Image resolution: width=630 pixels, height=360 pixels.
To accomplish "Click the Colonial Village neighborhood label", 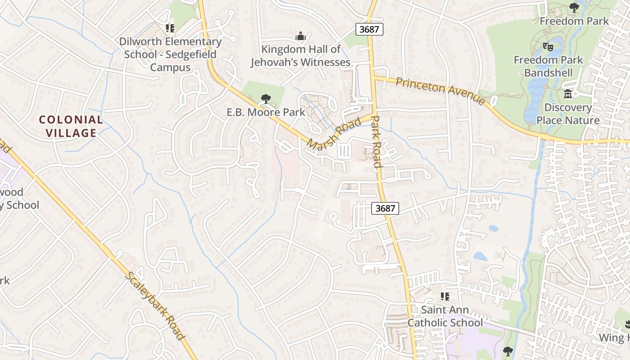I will coord(71,126).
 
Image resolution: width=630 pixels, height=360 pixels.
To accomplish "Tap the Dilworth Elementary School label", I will coord(170,54).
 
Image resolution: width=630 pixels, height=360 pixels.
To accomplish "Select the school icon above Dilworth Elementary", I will coord(170,28).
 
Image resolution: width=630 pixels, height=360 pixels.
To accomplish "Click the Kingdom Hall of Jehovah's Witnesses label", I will coord(300,55).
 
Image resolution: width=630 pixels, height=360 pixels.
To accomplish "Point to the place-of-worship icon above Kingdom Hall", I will coord(300,36).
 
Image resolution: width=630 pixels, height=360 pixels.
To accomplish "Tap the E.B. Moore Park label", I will coord(265,112).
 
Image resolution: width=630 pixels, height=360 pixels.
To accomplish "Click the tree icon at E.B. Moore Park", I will coord(265,99).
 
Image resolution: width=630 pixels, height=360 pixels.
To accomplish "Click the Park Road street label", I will coord(377,142).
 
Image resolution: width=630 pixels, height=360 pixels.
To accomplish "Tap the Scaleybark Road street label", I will coord(155,306).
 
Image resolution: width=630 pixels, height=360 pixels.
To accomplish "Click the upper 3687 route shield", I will coord(370,29).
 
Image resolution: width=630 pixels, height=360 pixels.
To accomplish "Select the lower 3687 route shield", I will coord(385,208).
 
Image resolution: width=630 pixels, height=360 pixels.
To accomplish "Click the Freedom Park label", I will coord(574,21).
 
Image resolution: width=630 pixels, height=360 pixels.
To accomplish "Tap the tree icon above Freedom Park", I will coord(574,8).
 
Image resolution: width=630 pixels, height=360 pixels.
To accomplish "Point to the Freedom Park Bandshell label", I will coord(548,66).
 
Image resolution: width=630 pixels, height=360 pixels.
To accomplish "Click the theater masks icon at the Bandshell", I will coord(548,46).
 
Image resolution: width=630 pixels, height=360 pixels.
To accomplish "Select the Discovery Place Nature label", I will coord(568,114).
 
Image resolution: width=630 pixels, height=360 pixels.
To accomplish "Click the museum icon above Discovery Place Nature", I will coord(568,94).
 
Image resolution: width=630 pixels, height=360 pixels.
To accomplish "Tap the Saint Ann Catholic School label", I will coord(445,316).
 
